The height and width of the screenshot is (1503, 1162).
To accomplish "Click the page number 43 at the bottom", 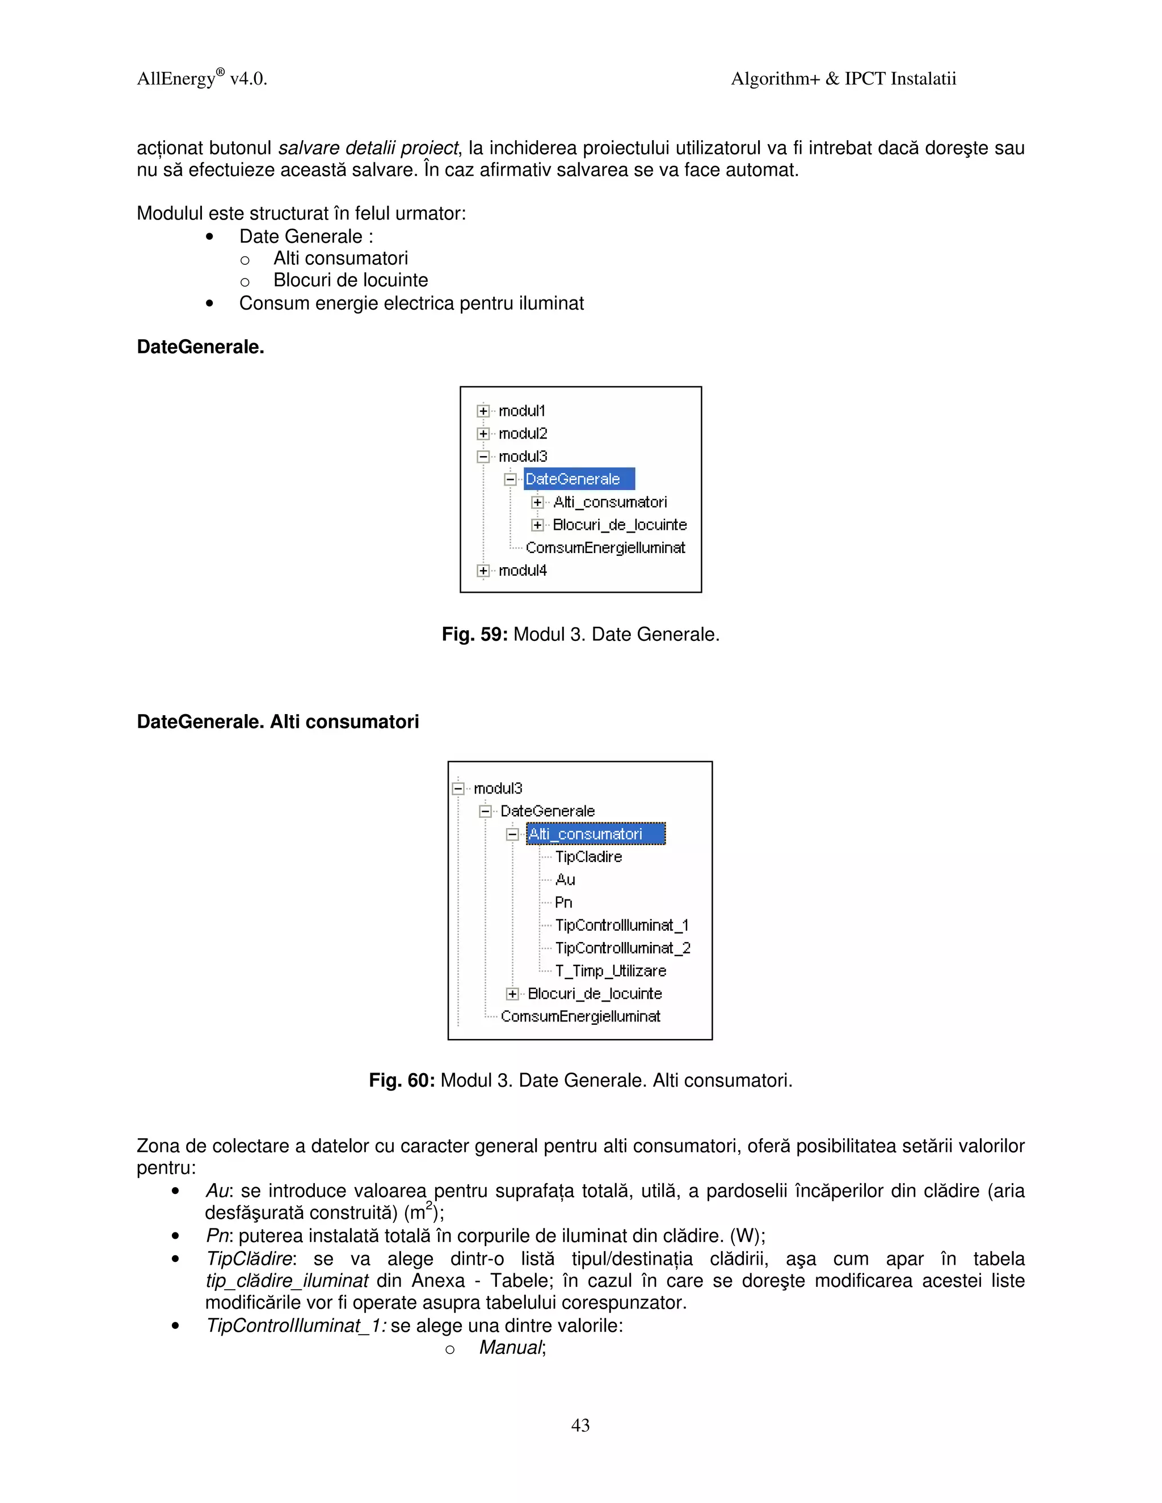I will (580, 1425).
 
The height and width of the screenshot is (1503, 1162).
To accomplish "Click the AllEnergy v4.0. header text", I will (201, 78).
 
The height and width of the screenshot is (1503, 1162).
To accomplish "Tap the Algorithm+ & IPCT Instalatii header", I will (843, 78).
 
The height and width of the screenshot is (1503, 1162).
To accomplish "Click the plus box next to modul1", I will (483, 411).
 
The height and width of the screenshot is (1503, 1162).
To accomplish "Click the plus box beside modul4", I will (483, 571).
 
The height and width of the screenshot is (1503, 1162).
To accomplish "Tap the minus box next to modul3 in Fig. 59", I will (483, 456).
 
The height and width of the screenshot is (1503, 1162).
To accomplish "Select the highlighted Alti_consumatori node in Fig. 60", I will (595, 834).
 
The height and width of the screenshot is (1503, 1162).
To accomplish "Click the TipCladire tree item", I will (588, 857).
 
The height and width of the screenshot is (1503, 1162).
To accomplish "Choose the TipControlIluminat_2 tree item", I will (622, 948).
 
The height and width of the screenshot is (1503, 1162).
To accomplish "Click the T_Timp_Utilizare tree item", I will (610, 971).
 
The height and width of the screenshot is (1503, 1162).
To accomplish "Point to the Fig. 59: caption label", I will (474, 635).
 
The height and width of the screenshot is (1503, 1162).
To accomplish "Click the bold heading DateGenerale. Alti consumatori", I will (277, 721).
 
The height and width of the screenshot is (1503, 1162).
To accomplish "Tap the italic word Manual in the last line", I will (511, 1348).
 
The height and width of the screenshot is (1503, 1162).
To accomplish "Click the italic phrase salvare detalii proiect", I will (368, 148).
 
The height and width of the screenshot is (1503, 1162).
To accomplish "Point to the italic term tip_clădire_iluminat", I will (287, 1281).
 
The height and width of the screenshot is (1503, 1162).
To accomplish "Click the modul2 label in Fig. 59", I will (523, 433).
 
